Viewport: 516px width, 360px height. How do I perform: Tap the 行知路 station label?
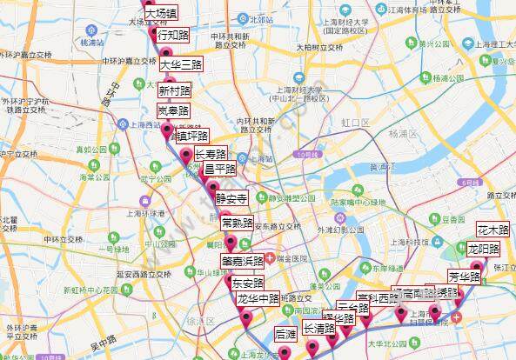tap(172, 36)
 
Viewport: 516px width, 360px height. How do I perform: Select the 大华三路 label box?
tap(181, 65)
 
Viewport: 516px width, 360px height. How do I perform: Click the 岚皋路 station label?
tap(174, 111)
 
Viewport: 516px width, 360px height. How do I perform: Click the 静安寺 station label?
tap(232, 197)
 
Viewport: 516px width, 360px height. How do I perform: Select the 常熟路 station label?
tap(238, 223)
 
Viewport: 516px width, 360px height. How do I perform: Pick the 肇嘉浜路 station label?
tap(243, 261)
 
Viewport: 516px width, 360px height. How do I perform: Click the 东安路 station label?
tap(247, 283)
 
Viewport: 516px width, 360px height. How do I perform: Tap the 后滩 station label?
tap(285, 334)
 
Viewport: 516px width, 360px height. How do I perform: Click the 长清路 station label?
tap(319, 329)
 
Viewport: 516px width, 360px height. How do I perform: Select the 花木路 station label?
tap(493, 230)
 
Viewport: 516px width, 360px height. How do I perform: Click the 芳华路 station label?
tap(466, 277)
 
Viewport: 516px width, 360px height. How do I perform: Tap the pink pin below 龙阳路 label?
tap(476, 264)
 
